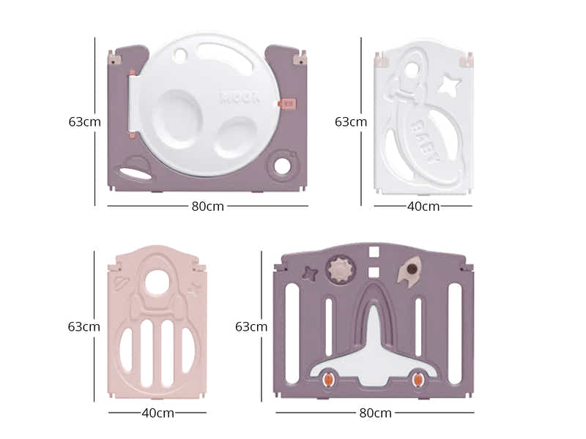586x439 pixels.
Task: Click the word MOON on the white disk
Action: (x=239, y=97)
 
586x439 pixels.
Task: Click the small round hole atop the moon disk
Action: (x=181, y=53)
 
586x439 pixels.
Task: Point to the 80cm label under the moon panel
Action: (x=207, y=206)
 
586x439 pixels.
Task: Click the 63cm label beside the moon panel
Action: (x=84, y=121)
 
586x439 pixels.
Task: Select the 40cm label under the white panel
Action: (x=423, y=206)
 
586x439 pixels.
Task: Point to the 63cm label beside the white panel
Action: (x=351, y=121)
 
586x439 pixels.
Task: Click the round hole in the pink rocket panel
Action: (x=157, y=282)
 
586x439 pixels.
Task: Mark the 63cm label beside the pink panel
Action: (x=84, y=326)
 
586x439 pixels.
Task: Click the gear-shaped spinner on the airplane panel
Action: (x=339, y=269)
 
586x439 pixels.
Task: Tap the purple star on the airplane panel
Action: (x=311, y=274)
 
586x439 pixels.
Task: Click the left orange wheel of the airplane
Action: (x=328, y=379)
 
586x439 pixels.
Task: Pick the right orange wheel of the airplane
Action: (x=418, y=379)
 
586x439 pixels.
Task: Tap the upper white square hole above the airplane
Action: (x=374, y=252)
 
